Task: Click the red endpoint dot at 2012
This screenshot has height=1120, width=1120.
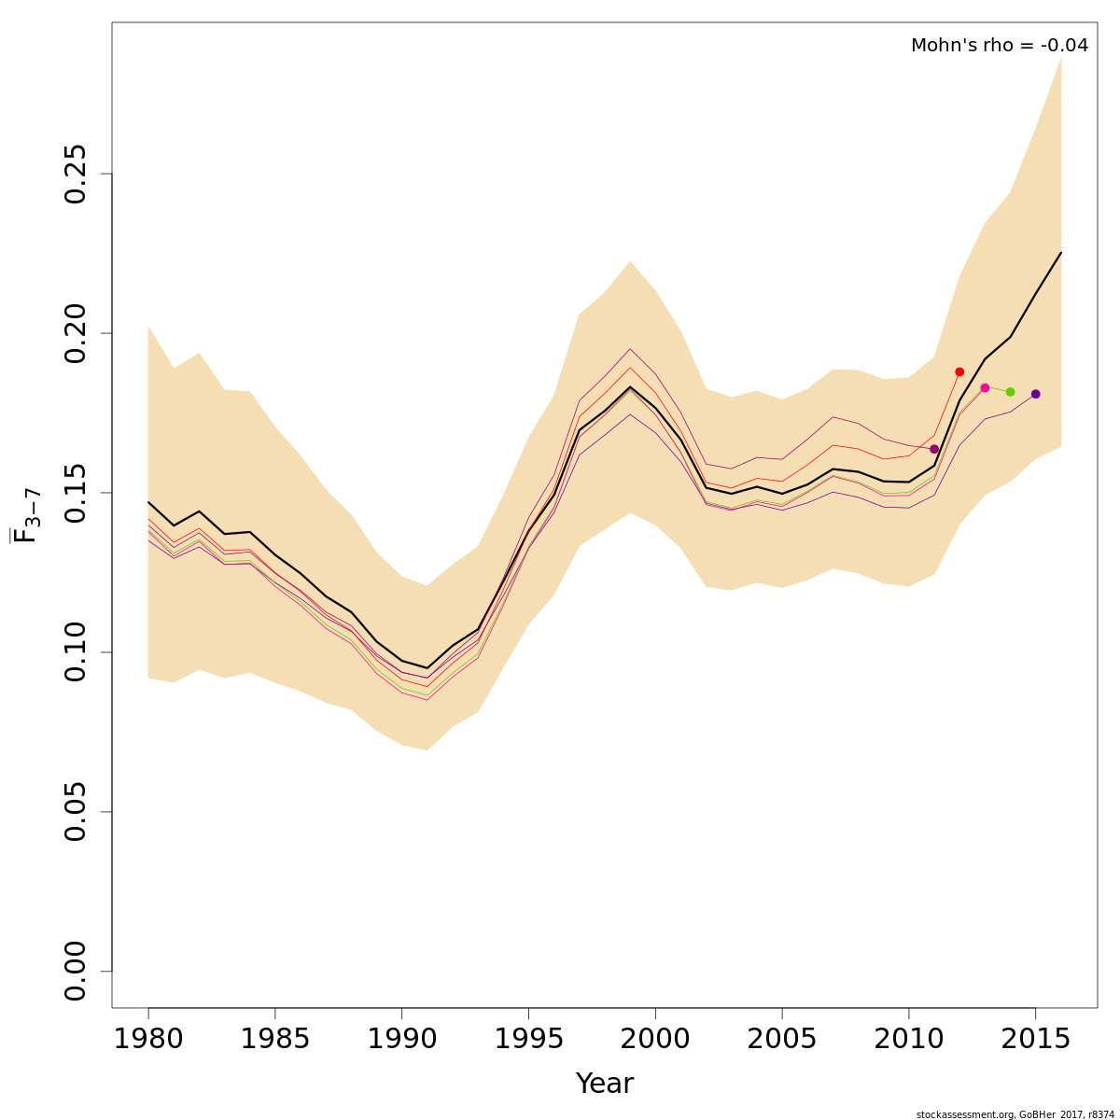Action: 959,371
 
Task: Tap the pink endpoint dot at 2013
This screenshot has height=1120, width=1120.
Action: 985,387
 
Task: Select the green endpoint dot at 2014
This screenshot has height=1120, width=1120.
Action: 1010,392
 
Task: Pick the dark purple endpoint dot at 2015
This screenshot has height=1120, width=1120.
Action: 1036,394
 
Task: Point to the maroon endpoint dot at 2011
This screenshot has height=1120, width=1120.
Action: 934,449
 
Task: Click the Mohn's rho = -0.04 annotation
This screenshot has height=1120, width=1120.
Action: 1000,45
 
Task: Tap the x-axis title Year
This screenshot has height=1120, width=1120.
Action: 605,1084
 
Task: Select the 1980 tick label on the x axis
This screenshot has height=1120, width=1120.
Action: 148,1039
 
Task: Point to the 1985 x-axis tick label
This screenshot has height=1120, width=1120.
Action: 275,1039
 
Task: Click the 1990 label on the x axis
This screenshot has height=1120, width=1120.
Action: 402,1039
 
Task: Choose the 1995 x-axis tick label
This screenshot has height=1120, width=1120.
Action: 528,1039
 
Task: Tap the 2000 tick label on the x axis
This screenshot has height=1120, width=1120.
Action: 655,1039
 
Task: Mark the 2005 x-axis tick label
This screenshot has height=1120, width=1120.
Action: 782,1039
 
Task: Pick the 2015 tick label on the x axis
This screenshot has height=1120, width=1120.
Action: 1036,1039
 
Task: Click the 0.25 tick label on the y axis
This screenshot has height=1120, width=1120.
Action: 76,174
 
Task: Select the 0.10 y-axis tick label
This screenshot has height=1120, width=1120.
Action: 76,652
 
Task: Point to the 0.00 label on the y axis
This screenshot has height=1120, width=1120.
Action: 76,972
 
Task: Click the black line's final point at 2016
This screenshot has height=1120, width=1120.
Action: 1061,252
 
